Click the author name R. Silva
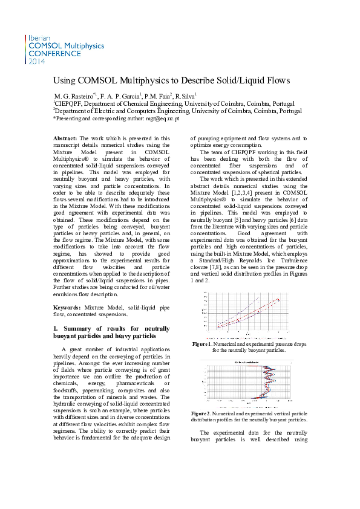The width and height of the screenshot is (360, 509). pyautogui.click(x=185, y=96)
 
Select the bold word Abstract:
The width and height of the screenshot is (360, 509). pyautogui.click(x=65, y=138)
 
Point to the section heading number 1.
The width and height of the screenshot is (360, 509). pyautogui.click(x=56, y=328)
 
